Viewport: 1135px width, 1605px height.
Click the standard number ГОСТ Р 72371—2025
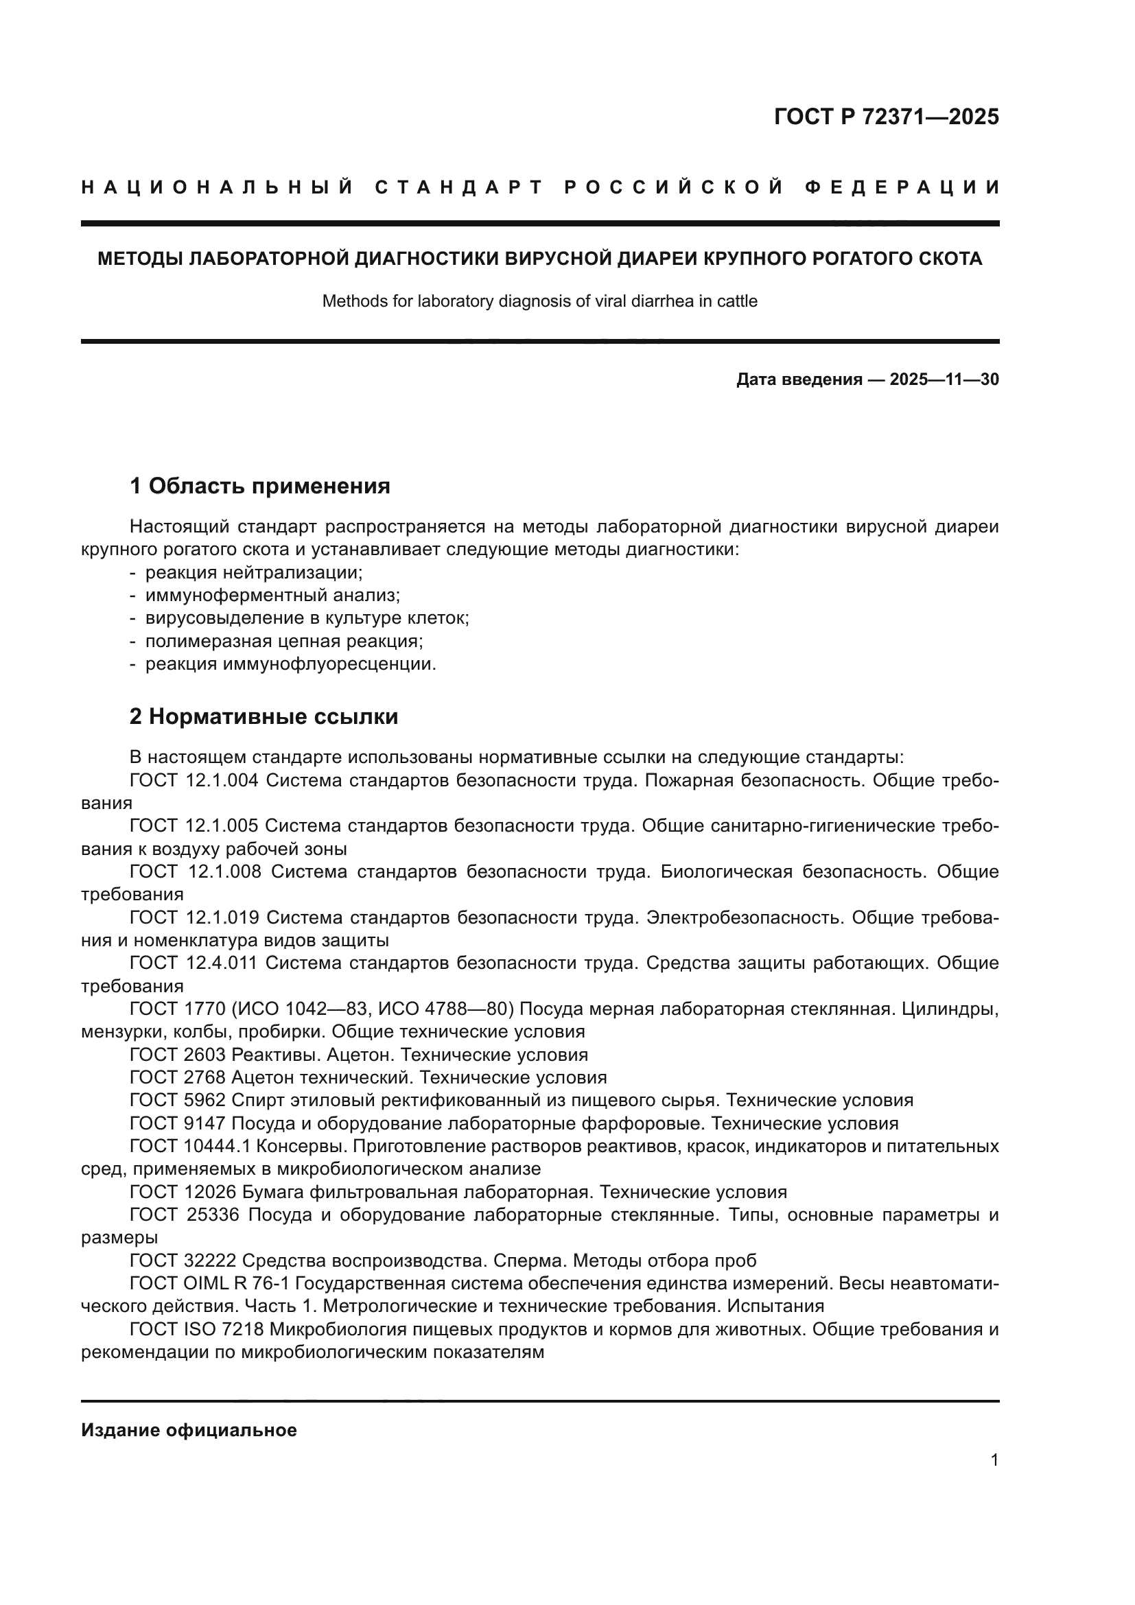(x=886, y=117)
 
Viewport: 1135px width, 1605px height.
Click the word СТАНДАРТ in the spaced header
(x=458, y=187)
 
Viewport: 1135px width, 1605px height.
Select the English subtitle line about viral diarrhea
(x=539, y=301)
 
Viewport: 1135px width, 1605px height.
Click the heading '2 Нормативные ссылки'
(x=264, y=716)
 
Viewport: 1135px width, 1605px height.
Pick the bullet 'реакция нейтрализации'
(x=254, y=572)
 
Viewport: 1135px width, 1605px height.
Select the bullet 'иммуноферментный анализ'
(x=272, y=596)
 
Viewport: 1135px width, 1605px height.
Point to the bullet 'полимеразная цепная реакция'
(x=284, y=641)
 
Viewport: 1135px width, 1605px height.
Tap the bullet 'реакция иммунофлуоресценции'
(x=290, y=664)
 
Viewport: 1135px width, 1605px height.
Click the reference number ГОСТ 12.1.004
(x=194, y=780)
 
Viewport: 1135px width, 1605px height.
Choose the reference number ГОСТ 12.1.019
(x=194, y=917)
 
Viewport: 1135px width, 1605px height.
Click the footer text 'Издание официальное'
(x=189, y=1430)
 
